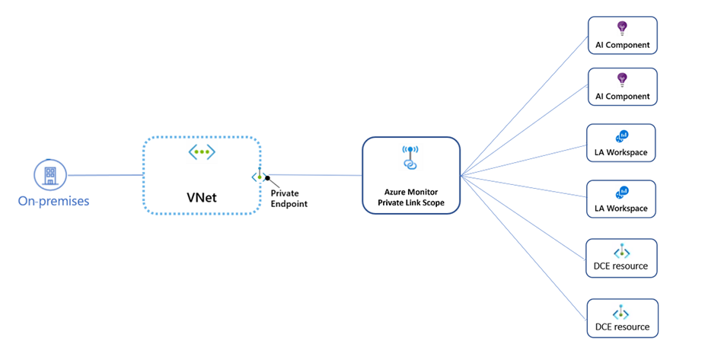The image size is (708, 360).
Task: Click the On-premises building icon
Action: point(50,175)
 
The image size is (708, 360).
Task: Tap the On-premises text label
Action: point(54,201)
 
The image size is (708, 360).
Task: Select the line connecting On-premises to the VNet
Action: point(105,175)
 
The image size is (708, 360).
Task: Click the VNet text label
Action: point(202,197)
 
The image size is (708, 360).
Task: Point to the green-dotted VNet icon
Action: point(202,151)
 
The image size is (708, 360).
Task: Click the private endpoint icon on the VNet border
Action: point(259,175)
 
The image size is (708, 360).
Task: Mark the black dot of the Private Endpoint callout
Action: point(268,178)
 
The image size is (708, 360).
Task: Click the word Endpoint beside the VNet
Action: point(289,204)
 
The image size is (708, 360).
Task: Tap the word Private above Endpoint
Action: point(285,193)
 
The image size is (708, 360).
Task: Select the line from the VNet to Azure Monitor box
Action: point(314,175)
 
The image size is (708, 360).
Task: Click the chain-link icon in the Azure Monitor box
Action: point(410,158)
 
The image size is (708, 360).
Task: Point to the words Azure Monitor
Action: point(411,192)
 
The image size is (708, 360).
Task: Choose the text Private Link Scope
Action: point(411,202)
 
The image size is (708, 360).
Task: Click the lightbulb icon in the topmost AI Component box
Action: point(622,28)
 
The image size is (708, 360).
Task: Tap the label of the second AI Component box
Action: point(623,96)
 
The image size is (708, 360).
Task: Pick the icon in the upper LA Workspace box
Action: point(622,136)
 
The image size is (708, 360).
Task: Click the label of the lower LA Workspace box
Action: point(621,209)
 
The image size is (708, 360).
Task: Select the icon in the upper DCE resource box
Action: point(622,251)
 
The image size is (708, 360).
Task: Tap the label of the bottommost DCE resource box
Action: point(622,327)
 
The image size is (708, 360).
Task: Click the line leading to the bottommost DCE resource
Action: point(523,248)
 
